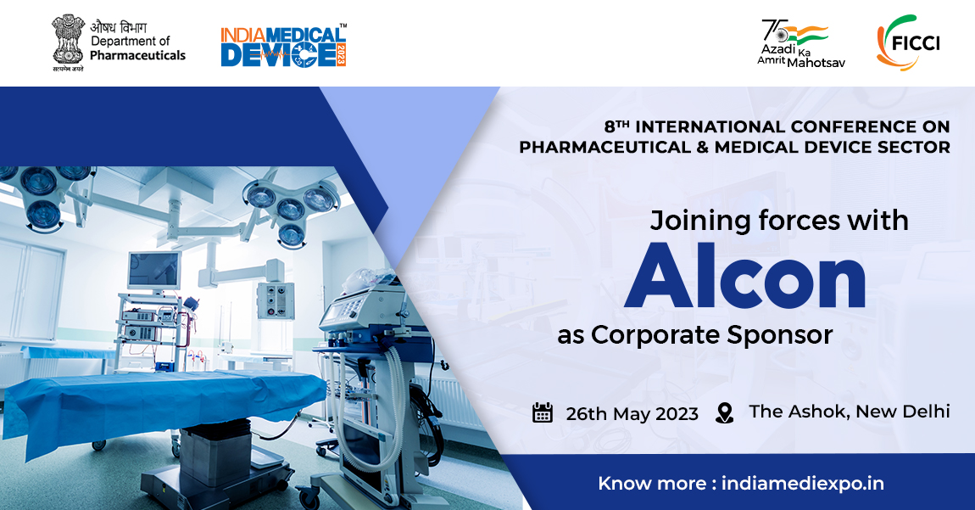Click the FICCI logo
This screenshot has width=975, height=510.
pos(908,42)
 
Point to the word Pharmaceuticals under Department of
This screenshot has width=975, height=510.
pos(137,55)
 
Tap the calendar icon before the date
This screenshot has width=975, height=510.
pos(543,412)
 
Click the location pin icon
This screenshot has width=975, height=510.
pos(724,413)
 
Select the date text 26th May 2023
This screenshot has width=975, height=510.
pos(632,413)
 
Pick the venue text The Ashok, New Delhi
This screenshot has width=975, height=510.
pos(849,412)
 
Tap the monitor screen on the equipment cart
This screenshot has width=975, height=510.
pos(153,270)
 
